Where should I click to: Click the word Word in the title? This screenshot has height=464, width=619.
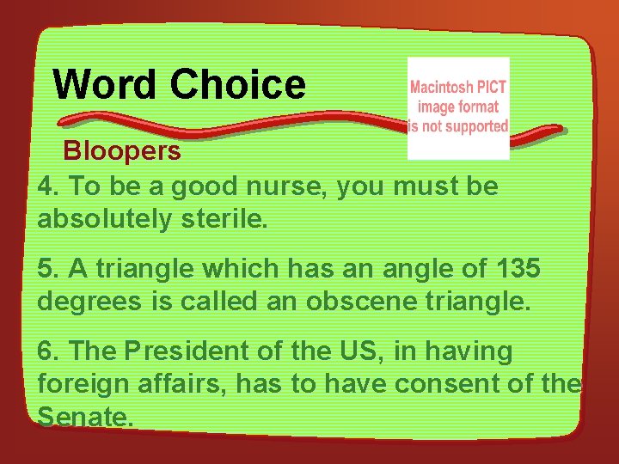(105, 84)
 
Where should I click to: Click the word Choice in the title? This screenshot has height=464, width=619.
(237, 84)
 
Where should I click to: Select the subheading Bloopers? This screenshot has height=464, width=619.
(122, 151)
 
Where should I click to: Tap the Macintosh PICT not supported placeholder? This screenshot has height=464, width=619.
(458, 108)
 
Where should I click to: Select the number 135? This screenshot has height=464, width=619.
(518, 268)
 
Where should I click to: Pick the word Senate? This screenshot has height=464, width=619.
(85, 418)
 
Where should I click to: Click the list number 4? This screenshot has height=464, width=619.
(48, 186)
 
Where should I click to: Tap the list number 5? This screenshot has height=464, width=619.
(48, 268)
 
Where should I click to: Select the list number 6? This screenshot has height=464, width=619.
(48, 351)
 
